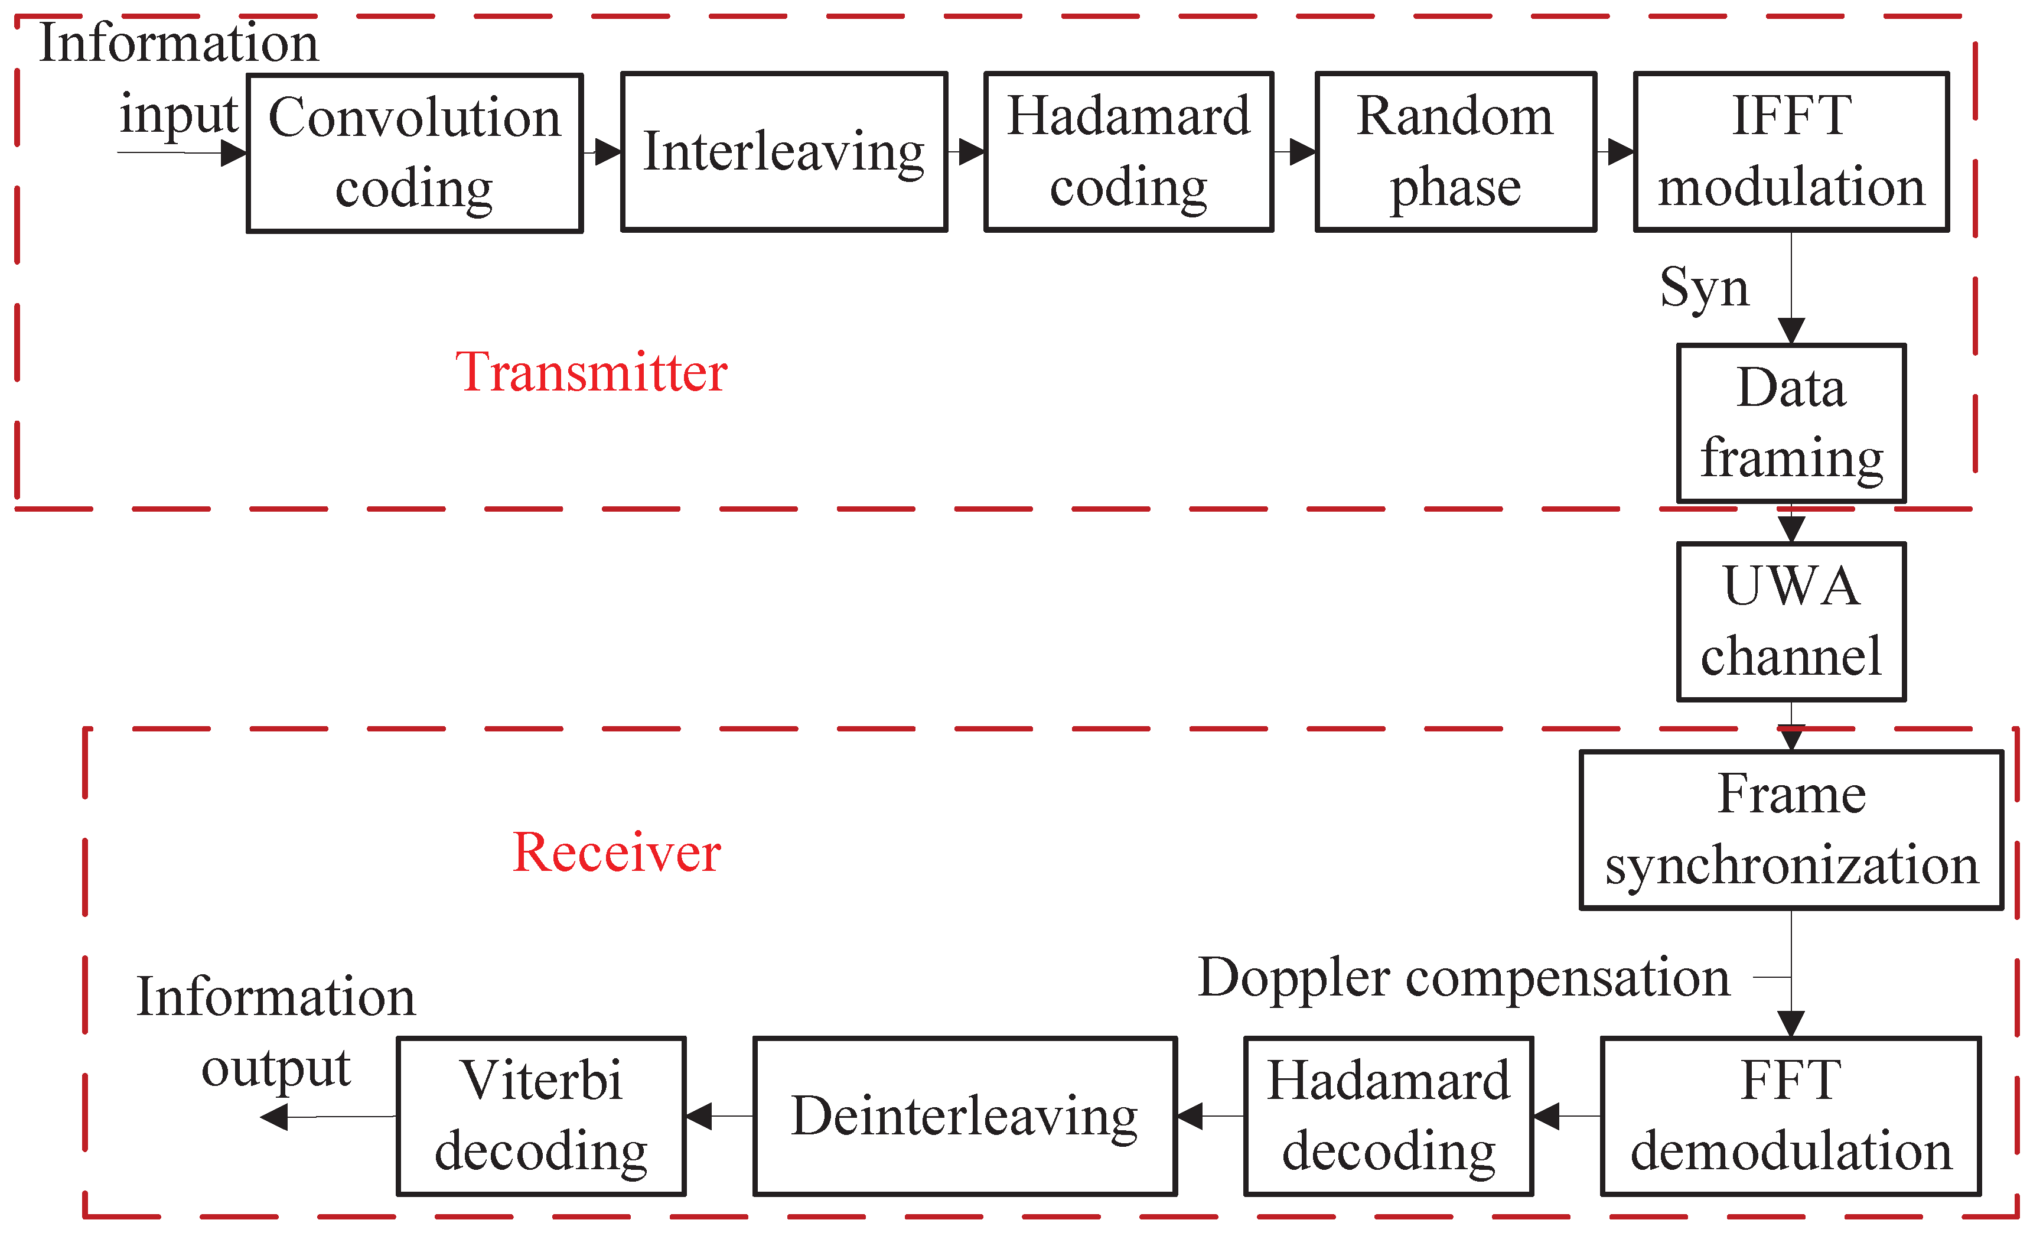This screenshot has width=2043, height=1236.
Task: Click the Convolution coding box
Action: click(x=415, y=154)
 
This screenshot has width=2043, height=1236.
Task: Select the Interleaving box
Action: click(x=784, y=152)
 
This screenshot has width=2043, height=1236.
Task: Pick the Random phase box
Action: click(x=1455, y=152)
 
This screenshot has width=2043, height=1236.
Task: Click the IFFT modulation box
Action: click(x=1791, y=152)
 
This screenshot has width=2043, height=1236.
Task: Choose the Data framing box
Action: click(x=1791, y=423)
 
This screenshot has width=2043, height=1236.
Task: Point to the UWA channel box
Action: click(x=1791, y=622)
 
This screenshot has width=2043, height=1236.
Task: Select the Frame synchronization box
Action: click(x=1791, y=830)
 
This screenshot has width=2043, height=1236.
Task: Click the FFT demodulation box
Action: click(x=1791, y=1115)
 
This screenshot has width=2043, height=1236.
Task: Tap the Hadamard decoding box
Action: click(x=1388, y=1115)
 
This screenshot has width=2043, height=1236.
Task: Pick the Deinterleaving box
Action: click(x=965, y=1115)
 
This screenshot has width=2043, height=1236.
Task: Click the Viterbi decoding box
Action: click(x=540, y=1115)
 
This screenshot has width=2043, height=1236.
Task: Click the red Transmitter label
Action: click(x=591, y=372)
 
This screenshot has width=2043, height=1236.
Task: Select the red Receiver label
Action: click(x=616, y=852)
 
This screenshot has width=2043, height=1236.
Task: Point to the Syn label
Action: click(x=1704, y=288)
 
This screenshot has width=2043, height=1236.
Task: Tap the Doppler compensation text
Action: click(x=1464, y=977)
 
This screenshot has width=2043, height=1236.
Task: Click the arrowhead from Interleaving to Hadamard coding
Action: click(x=972, y=152)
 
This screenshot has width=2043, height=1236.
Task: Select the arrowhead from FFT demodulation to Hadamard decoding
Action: click(x=1546, y=1115)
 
